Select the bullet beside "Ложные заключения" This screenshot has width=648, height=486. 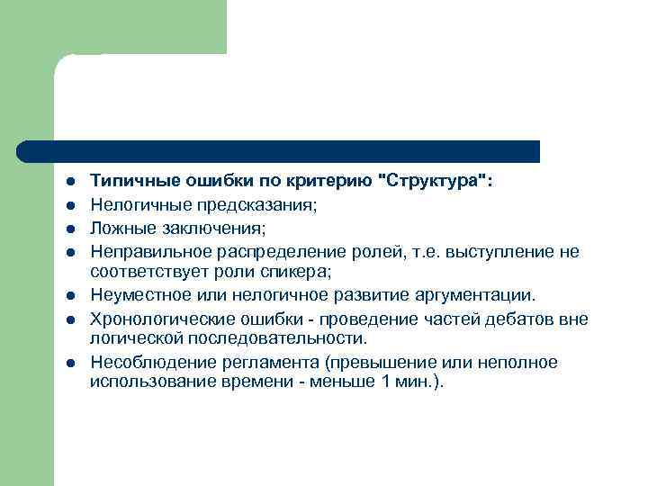point(68,228)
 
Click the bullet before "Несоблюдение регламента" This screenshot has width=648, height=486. point(68,364)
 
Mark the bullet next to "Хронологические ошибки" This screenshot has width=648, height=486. point(68,320)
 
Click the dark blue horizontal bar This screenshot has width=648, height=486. point(279,151)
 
